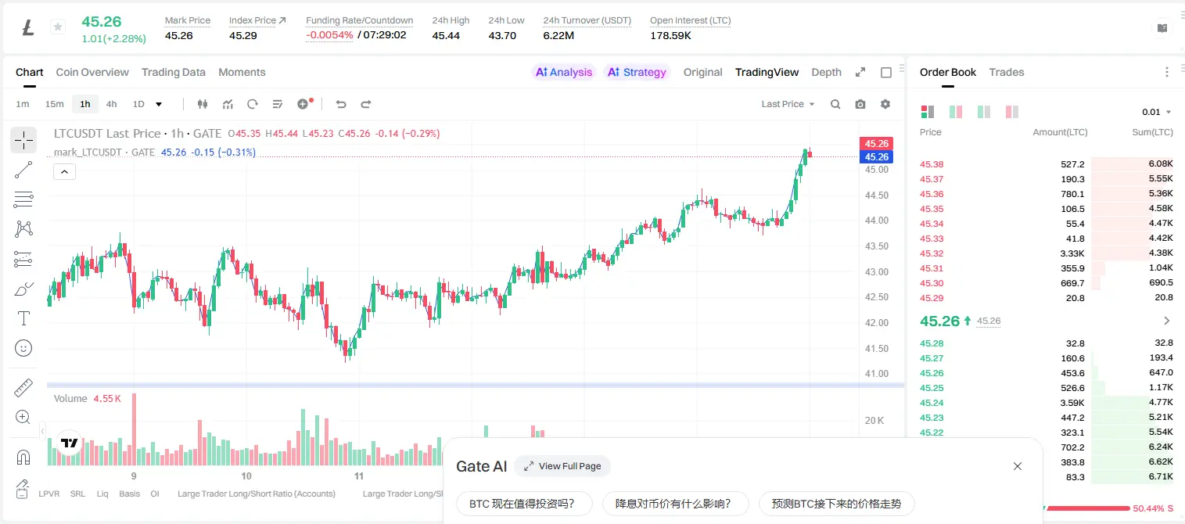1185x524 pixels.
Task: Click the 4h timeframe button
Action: [x=111, y=104]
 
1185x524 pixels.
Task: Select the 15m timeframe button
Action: [x=54, y=104]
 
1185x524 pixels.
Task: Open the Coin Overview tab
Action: [x=92, y=72]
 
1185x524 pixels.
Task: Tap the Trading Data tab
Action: [x=173, y=72]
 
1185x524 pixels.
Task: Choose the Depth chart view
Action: [x=826, y=72]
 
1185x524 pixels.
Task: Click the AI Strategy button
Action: [x=637, y=72]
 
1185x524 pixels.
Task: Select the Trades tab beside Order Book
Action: [x=1006, y=72]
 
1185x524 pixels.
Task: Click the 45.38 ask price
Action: [x=931, y=164]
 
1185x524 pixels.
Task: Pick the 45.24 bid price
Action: [x=931, y=403]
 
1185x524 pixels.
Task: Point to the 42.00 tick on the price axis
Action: [x=876, y=322]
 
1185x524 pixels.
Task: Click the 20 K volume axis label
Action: [x=874, y=421]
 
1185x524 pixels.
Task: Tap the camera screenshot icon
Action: [x=860, y=104]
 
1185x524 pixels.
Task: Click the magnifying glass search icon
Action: [x=835, y=104]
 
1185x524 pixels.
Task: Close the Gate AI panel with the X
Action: [x=1018, y=466]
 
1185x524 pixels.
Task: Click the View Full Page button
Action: [x=562, y=466]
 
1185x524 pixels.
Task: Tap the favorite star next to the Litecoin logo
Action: [x=58, y=27]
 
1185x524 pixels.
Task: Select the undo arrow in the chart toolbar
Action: [x=341, y=104]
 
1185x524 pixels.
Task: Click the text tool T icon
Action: [x=23, y=318]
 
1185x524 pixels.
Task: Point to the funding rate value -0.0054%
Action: [x=329, y=35]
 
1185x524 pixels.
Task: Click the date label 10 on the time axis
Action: [x=246, y=476]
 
